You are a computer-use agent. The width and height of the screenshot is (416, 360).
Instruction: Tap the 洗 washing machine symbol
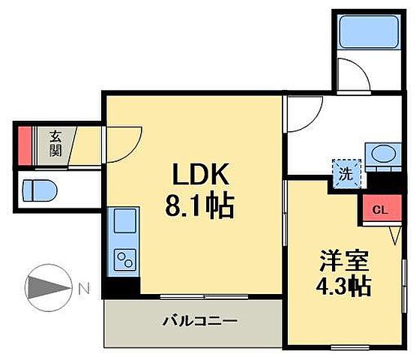(346, 173)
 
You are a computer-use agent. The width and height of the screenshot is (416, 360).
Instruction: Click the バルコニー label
(200, 321)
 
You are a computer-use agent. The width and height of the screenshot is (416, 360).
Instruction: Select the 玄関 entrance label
(56, 143)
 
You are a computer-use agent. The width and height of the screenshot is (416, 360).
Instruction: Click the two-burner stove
(121, 260)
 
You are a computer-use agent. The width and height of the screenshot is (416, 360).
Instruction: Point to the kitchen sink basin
(121, 222)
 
